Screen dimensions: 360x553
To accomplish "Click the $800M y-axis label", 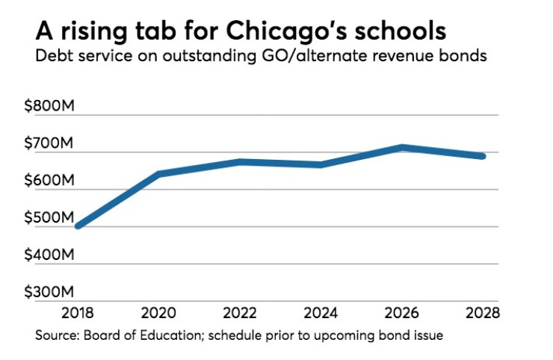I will [49, 107].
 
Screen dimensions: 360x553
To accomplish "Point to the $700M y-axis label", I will [49, 143].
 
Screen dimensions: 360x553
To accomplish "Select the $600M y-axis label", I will [49, 181].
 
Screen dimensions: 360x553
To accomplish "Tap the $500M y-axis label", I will [49, 218].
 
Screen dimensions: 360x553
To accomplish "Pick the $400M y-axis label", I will [49, 255].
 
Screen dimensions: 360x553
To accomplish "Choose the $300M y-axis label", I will [49, 292].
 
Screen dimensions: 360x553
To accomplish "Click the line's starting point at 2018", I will [78, 225].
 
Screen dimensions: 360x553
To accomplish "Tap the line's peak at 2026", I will [402, 148].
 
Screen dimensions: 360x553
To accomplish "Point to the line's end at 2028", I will [483, 156].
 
